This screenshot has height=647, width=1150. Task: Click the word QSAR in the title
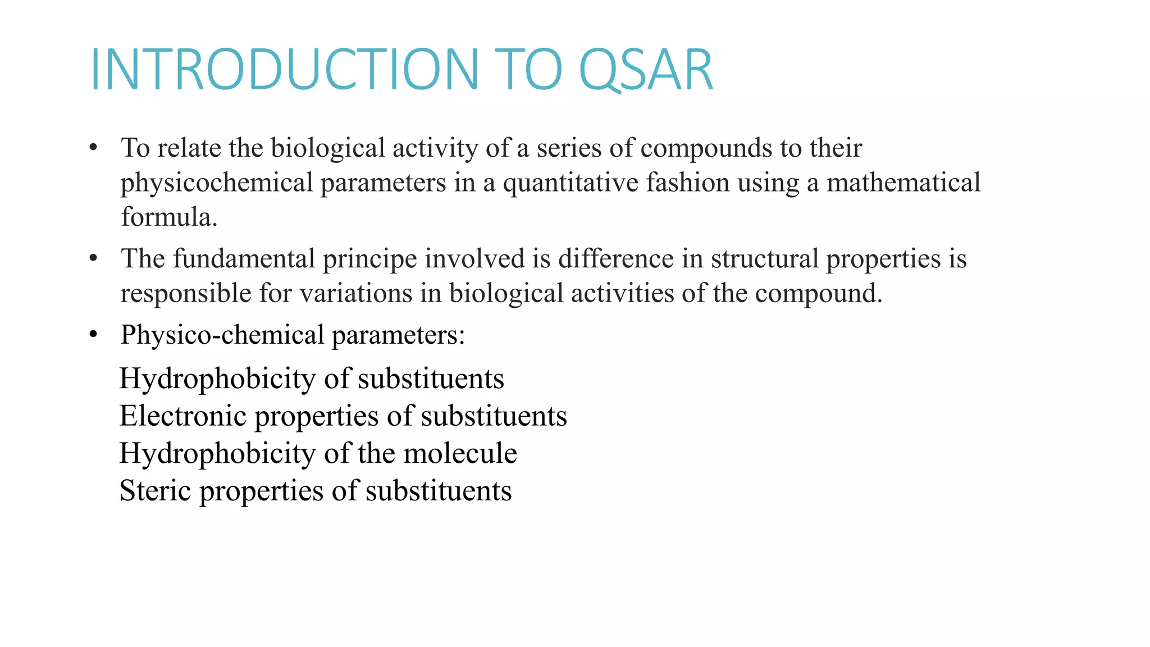(x=646, y=70)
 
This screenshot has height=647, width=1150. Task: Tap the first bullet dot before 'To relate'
(x=93, y=148)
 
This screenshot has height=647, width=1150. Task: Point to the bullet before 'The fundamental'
(x=93, y=259)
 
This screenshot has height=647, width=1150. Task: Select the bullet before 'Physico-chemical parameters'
(x=93, y=335)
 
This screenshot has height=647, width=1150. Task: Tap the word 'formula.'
(x=169, y=217)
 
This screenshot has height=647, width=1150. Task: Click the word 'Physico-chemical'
(x=222, y=335)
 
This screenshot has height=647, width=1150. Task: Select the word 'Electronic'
(x=183, y=416)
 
